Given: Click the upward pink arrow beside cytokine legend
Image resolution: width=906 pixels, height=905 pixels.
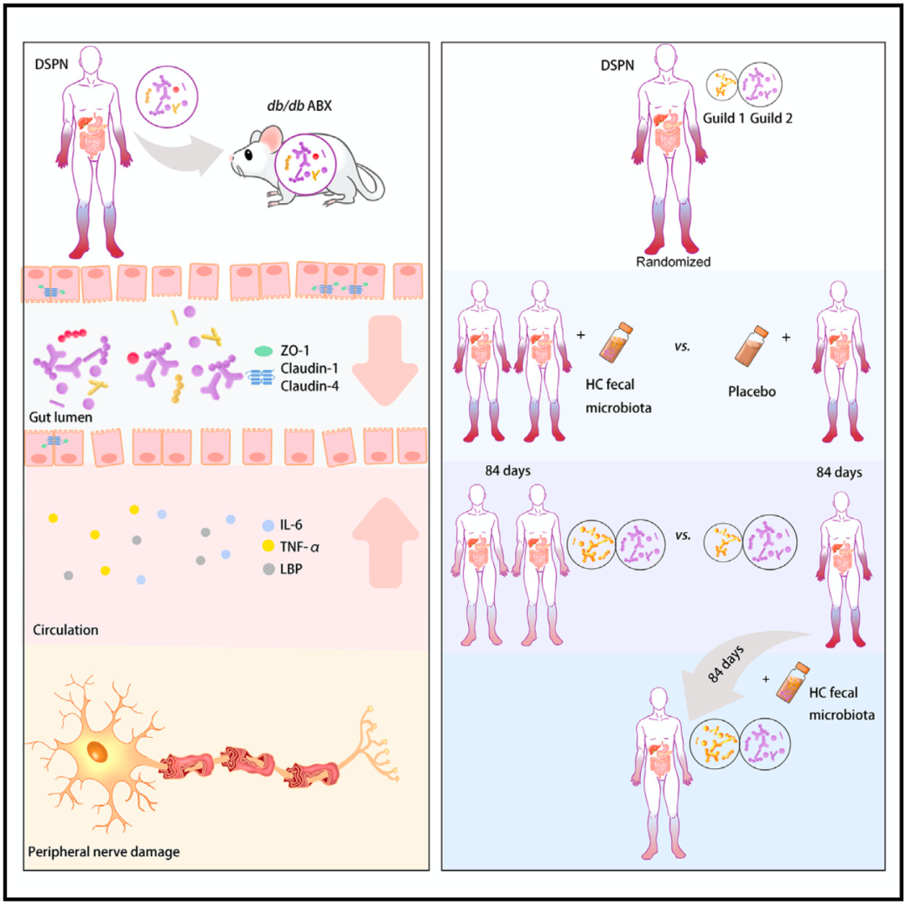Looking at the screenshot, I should (x=384, y=540).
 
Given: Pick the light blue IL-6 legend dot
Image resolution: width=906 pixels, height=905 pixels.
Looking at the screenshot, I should (x=267, y=526).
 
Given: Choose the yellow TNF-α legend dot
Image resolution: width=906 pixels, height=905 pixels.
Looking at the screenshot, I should (x=267, y=547).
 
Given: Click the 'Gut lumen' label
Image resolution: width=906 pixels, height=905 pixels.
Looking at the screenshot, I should (x=59, y=417).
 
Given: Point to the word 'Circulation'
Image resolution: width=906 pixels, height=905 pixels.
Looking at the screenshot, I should (x=65, y=628).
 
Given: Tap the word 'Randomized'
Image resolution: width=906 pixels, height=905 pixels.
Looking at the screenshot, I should (x=673, y=262).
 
